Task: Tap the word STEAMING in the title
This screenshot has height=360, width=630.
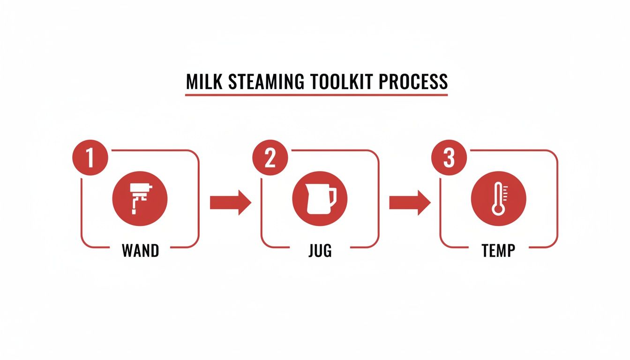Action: [266, 82]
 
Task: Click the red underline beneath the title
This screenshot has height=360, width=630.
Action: [316, 95]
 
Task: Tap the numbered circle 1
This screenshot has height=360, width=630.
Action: [90, 158]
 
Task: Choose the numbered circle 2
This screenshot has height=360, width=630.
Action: [270, 158]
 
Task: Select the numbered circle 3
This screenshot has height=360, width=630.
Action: [449, 158]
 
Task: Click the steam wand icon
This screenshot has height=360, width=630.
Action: [140, 199]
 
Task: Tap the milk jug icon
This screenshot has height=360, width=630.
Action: [319, 199]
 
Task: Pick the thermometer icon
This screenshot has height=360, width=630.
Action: [498, 199]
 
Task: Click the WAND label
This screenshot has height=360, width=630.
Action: [140, 250]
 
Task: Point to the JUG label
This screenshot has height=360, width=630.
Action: [320, 250]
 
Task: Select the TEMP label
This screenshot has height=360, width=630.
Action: [498, 250]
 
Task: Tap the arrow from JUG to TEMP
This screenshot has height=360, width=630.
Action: [409, 202]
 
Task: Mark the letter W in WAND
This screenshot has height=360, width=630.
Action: [128, 250]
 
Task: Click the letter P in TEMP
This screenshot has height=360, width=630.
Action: [510, 250]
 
